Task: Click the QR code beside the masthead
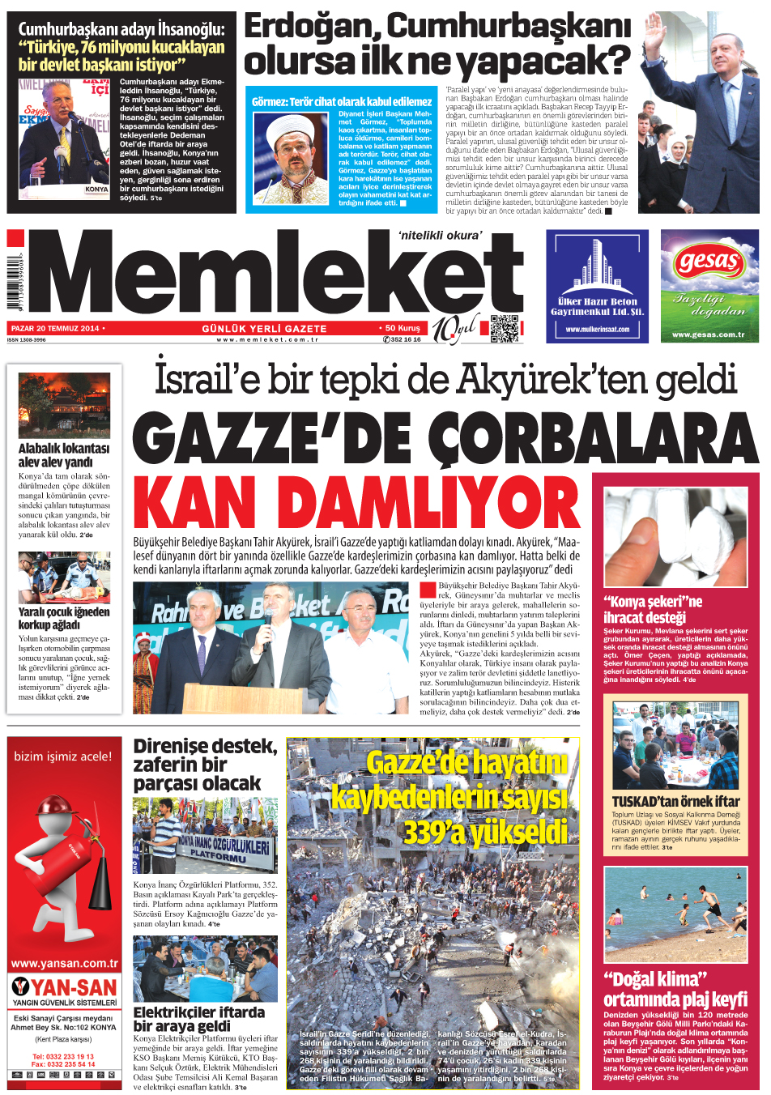pos(504,328)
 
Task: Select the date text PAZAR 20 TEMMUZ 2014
pos(55,328)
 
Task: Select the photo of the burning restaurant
pos(64,405)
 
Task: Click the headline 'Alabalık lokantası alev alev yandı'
pos(63,454)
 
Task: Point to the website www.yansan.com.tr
pos(64,964)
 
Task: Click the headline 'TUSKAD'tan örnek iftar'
pos(675,801)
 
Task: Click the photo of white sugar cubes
pos(675,536)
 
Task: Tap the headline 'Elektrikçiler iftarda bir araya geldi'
pos(199,1019)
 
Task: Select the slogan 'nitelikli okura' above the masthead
pos(440,236)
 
